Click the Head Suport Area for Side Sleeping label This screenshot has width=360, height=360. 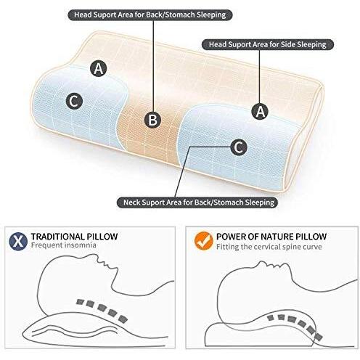tap(268, 44)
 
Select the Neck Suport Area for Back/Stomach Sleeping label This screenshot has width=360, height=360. tap(197, 202)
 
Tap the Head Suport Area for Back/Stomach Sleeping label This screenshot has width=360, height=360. tap(150, 15)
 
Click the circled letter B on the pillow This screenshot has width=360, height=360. tap(152, 120)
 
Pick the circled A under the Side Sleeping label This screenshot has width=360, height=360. tap(260, 112)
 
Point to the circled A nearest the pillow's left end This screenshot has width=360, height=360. tap(99, 68)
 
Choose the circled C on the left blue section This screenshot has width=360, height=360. tap(74, 101)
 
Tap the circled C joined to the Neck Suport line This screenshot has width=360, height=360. tap(239, 147)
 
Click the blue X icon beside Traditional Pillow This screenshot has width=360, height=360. tap(18, 241)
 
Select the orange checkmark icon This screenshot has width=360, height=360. tap(204, 241)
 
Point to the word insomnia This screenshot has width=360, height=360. tap(80, 245)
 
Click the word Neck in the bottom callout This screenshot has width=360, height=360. tap(131, 202)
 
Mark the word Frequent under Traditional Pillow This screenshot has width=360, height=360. tap(46, 245)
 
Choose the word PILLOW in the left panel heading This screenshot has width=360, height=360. tap(102, 237)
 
